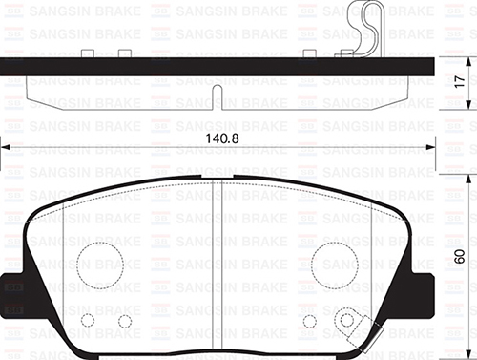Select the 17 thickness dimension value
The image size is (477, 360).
(460, 84)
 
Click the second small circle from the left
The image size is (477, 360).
(124, 320)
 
